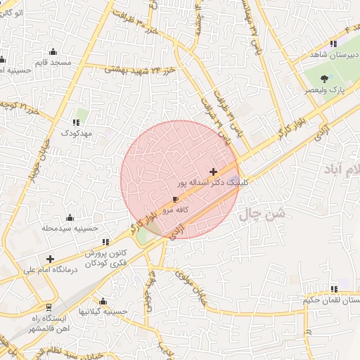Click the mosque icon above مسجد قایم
click(53, 51)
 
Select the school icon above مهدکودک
click(75, 122)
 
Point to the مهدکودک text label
click(76, 133)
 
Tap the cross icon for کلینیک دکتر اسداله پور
click(213, 172)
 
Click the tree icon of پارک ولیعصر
click(324, 79)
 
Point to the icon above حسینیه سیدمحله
click(69, 217)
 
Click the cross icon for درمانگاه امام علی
click(50, 259)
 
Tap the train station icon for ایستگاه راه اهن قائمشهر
click(48, 307)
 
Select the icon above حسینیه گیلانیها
click(103, 301)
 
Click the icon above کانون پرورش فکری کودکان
click(105, 243)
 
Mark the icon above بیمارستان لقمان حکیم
click(335, 289)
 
